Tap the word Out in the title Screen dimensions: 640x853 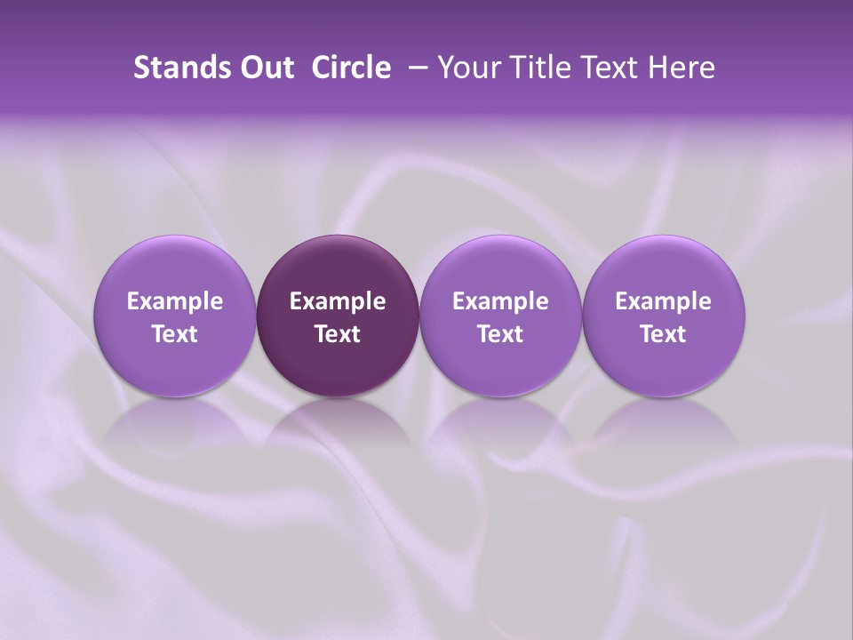(264, 68)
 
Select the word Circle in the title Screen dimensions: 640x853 (351, 68)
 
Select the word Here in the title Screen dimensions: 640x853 (681, 68)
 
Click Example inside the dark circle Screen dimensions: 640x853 (338, 301)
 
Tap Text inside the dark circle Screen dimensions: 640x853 (338, 334)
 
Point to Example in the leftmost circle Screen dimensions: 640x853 (175, 301)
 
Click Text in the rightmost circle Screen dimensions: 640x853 (664, 334)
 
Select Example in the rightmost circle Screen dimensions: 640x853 (664, 301)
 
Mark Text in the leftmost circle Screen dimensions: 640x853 (175, 334)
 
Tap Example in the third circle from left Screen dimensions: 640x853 (500, 301)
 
